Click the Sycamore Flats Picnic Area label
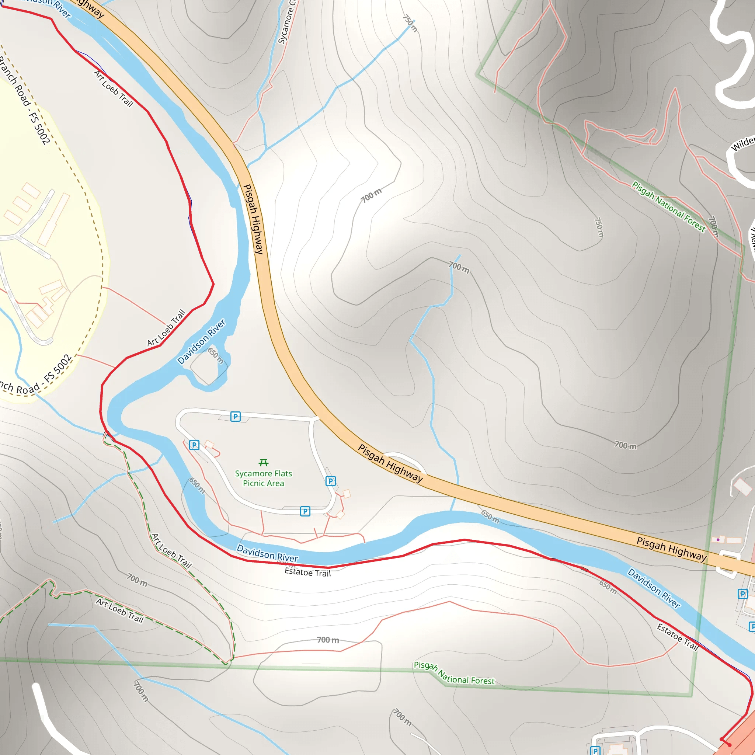pyautogui.click(x=263, y=478)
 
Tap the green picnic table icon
pyautogui.click(x=263, y=463)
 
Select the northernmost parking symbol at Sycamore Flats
pyautogui.click(x=235, y=417)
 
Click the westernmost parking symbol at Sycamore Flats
pyautogui.click(x=194, y=445)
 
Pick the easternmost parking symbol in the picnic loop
pyautogui.click(x=331, y=481)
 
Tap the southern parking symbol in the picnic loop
pyautogui.click(x=305, y=511)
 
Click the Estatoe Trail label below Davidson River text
pyautogui.click(x=307, y=573)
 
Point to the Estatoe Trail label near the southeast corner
pyautogui.click(x=678, y=637)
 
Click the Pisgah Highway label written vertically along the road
pyautogui.click(x=254, y=219)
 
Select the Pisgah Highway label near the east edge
pyautogui.click(x=671, y=549)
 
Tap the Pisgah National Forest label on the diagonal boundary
pyautogui.click(x=669, y=207)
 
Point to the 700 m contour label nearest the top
pyautogui.click(x=371, y=195)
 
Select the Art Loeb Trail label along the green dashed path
pyautogui.click(x=171, y=551)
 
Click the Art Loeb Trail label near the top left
pyautogui.click(x=114, y=89)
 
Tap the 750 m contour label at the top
pyautogui.click(x=410, y=24)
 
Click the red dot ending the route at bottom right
pyautogui.click(x=729, y=745)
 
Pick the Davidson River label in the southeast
pyautogui.click(x=654, y=588)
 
